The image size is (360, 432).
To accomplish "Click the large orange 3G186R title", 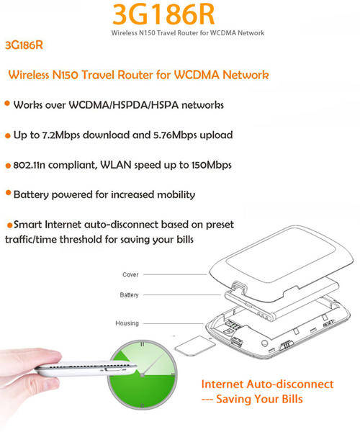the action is coord(163,14).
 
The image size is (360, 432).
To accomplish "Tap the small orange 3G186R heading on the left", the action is coord(24,45).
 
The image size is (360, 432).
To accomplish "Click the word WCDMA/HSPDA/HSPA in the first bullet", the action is coord(123,105).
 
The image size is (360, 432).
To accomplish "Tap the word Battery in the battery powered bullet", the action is coord(31,195).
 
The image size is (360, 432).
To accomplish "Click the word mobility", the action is coord(176,195).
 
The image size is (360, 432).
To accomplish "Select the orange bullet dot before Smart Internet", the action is coord(9,225).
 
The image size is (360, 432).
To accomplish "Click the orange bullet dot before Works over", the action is coord(7,104).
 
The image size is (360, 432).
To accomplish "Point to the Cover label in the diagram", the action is coord(130,275).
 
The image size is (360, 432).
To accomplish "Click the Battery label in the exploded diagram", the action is coord(129,295).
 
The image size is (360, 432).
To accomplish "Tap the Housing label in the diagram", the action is coord(127,323).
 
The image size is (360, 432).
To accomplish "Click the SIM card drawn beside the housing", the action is coord(194,346).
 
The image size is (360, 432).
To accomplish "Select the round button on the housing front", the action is coord(264,343).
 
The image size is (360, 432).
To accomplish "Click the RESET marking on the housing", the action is coord(329,323).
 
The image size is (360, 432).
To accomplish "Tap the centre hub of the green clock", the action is coord(142,375).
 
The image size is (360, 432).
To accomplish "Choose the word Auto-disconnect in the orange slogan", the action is coord(290,384).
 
